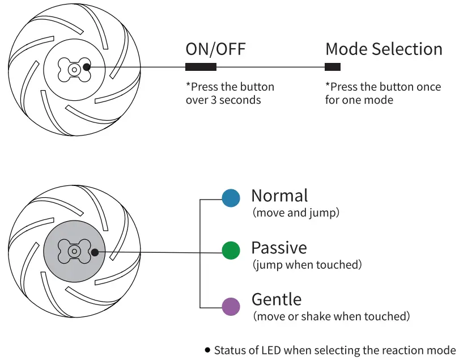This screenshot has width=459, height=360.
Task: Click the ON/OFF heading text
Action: tap(216, 49)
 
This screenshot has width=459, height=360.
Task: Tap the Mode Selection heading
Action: tap(384, 49)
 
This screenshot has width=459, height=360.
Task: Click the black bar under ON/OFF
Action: tap(201, 67)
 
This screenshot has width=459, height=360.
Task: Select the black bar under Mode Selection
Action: tap(333, 67)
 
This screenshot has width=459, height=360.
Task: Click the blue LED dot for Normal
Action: tap(231, 198)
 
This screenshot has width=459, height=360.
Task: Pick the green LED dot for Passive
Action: tap(231, 250)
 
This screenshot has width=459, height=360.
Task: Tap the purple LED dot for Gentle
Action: tap(231, 307)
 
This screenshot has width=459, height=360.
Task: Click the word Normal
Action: tap(279, 196)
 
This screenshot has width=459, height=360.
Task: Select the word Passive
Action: tap(279, 248)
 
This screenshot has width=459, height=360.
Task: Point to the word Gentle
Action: tap(277, 299)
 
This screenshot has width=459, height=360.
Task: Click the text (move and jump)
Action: tap(296, 213)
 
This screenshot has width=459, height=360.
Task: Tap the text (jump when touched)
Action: tap(307, 265)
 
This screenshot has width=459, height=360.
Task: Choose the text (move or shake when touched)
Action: tap(331, 316)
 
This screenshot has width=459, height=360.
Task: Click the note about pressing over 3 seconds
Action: tap(229, 94)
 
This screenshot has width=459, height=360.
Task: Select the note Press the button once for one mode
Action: tap(382, 94)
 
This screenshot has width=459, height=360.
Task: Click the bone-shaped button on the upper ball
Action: tap(74, 69)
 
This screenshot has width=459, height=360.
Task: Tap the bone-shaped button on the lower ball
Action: tap(74, 251)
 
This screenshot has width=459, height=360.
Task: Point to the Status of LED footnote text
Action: tap(334, 350)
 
